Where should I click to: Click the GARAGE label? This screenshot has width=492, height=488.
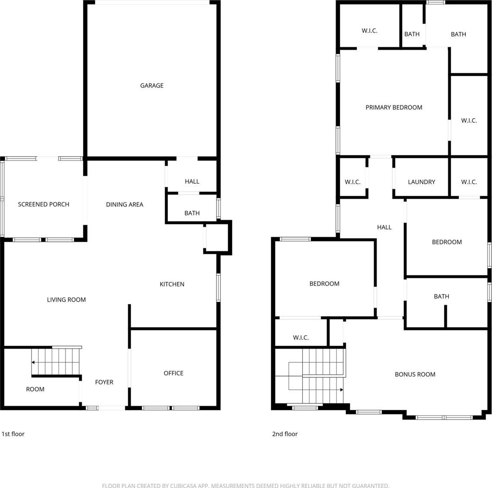pyautogui.click(x=152, y=85)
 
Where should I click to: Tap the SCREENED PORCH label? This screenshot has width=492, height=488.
pyautogui.click(x=43, y=204)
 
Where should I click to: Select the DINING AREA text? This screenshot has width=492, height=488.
pyautogui.click(x=124, y=204)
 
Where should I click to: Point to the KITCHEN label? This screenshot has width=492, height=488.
pyautogui.click(x=172, y=284)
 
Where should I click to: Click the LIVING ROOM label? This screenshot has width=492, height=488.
pyautogui.click(x=66, y=300)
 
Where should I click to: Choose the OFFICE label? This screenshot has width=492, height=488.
pyautogui.click(x=173, y=373)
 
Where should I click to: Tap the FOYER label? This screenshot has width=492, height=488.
pyautogui.click(x=104, y=382)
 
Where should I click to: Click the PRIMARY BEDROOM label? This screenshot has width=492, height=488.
pyautogui.click(x=394, y=107)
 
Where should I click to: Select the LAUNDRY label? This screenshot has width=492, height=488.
pyautogui.click(x=421, y=182)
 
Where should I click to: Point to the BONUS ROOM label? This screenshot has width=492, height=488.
pyautogui.click(x=415, y=374)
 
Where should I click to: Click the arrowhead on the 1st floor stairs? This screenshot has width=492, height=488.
pyautogui.click(x=33, y=362)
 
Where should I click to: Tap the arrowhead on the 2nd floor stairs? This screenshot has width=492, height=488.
pyautogui.click(x=342, y=389)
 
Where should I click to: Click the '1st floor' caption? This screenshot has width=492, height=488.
pyautogui.click(x=13, y=434)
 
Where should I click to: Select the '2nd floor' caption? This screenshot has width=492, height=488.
pyautogui.click(x=285, y=434)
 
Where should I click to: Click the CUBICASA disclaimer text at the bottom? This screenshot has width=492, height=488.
pyautogui.click(x=246, y=485)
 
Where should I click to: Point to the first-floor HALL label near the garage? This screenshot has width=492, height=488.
pyautogui.click(x=192, y=181)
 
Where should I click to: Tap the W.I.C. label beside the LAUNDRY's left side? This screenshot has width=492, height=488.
pyautogui.click(x=353, y=182)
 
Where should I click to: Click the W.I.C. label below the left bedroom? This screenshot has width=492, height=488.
pyautogui.click(x=300, y=337)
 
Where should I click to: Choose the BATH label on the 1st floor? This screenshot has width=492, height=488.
pyautogui.click(x=192, y=213)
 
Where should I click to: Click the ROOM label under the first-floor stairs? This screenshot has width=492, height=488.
pyautogui.click(x=35, y=389)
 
